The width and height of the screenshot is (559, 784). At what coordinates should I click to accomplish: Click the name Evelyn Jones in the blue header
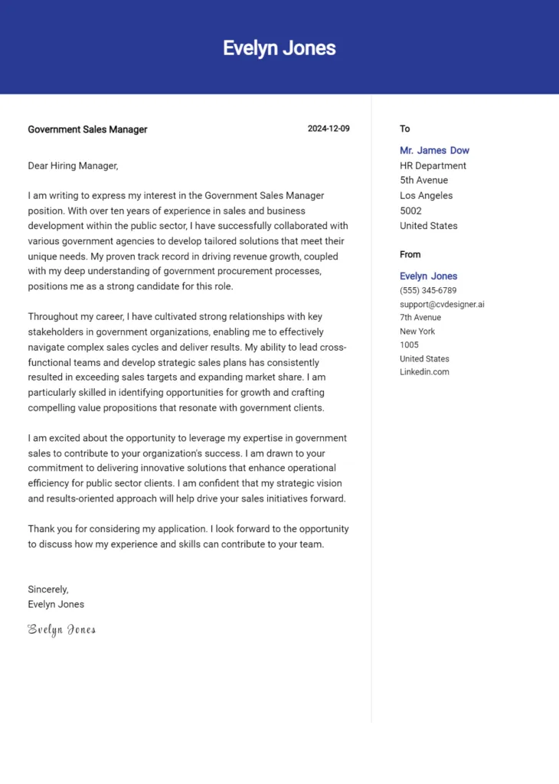(x=279, y=48)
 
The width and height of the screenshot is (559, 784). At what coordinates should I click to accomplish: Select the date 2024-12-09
(x=329, y=129)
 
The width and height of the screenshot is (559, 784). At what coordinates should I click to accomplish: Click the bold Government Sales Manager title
(x=87, y=129)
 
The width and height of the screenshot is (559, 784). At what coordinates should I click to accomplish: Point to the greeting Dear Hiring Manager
(x=73, y=165)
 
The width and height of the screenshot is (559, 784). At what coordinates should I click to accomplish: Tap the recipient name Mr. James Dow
(x=434, y=151)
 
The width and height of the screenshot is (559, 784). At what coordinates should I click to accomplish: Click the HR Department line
(x=433, y=165)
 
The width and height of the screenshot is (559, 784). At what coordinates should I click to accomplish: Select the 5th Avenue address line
(x=423, y=181)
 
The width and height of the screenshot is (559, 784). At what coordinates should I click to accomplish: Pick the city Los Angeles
(x=426, y=195)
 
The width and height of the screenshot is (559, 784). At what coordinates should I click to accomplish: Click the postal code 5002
(x=410, y=211)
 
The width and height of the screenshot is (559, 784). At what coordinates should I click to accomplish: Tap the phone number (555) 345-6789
(x=428, y=291)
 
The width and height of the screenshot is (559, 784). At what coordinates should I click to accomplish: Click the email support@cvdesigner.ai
(x=442, y=304)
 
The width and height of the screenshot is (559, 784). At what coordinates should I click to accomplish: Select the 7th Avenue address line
(x=420, y=318)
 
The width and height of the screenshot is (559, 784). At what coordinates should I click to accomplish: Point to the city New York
(x=417, y=332)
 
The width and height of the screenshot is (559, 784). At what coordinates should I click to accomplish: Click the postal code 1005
(x=409, y=345)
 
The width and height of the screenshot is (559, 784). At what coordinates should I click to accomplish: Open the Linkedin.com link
(x=424, y=372)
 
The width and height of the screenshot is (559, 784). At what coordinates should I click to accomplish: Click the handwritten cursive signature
(x=62, y=629)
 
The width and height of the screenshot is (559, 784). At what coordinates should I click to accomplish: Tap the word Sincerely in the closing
(x=47, y=590)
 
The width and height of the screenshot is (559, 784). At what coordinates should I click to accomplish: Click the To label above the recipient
(x=405, y=129)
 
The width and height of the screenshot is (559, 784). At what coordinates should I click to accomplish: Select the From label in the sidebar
(x=410, y=255)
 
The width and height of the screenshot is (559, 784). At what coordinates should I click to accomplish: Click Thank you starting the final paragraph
(x=51, y=529)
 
